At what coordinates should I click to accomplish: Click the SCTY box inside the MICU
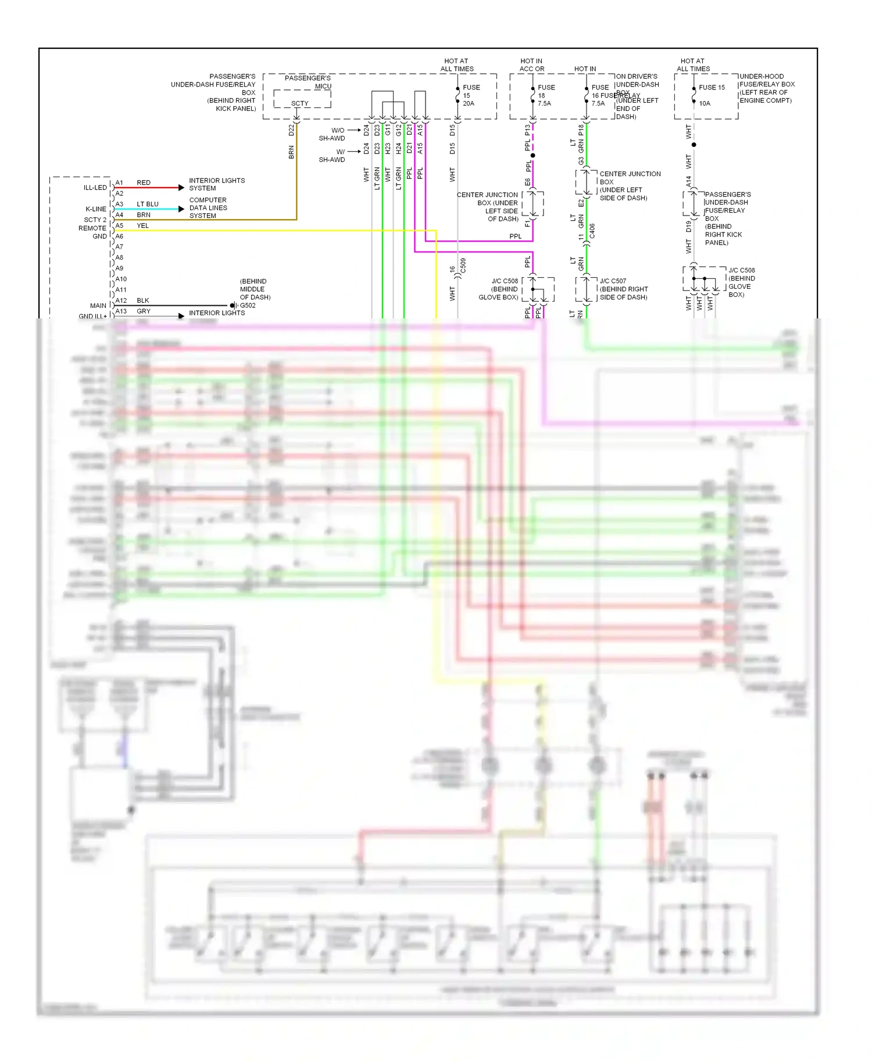pos(300,103)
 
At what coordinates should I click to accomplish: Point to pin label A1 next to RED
pos(119,182)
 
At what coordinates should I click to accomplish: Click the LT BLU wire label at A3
pos(148,204)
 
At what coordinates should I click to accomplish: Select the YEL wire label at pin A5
pos(143,225)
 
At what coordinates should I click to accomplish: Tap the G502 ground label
pos(248,305)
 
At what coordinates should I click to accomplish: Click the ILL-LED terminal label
pos(95,188)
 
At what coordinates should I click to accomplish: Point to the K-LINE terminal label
pos(96,209)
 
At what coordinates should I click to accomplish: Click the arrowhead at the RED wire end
pos(181,188)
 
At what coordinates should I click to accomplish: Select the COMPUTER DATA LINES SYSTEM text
pos(208,207)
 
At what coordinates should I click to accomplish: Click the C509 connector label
pos(463,266)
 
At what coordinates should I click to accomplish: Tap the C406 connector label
pos(592,231)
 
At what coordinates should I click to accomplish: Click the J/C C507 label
pos(613,281)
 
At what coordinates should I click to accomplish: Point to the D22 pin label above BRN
pos(291,130)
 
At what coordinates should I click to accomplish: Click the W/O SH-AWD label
pos(332,134)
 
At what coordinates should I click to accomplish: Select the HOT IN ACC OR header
pos(531,64)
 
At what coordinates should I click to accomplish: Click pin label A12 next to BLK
pos(121,300)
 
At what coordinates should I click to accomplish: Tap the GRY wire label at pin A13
pos(144,311)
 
